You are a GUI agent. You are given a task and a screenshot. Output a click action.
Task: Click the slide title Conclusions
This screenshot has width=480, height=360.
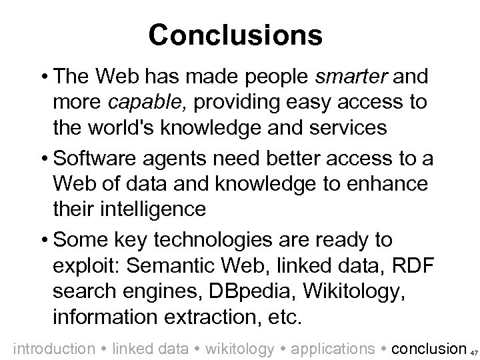(235, 35)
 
